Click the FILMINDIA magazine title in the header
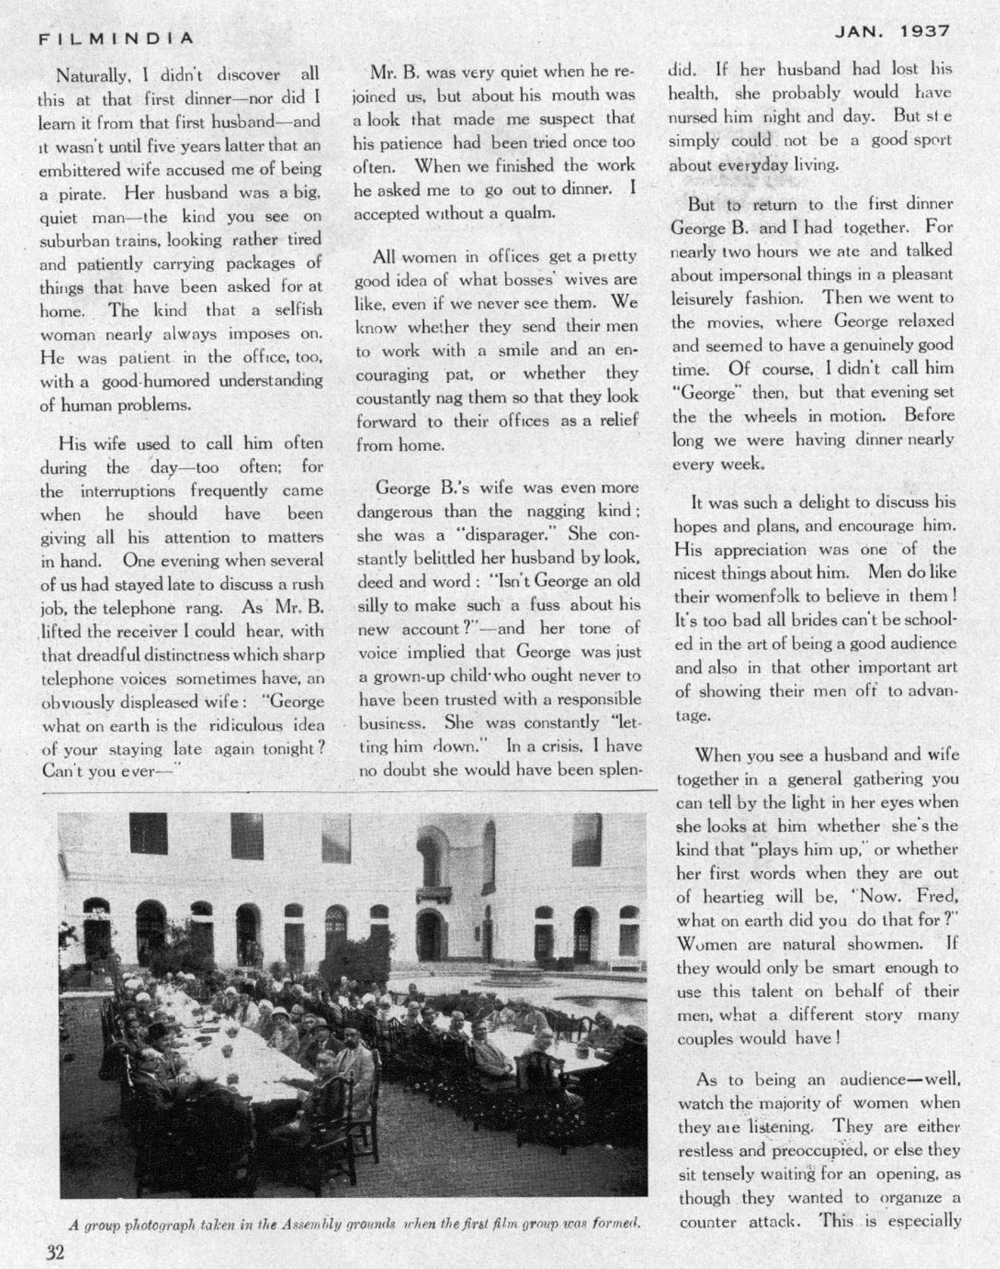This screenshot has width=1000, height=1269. coord(116,38)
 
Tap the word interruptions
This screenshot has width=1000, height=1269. coord(128,491)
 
